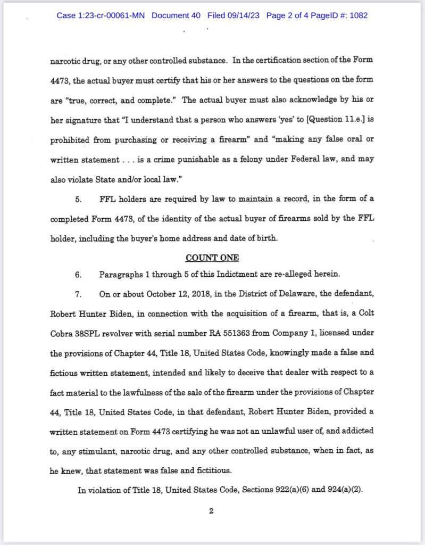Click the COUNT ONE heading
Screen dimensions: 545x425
(x=212, y=258)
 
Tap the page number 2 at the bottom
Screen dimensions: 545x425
(x=211, y=511)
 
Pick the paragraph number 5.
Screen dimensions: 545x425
(x=78, y=200)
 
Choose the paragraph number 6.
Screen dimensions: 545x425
(x=78, y=275)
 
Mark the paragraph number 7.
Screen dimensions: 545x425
(x=78, y=294)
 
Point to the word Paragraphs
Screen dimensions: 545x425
(x=118, y=275)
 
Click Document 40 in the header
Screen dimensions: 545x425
(x=176, y=15)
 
